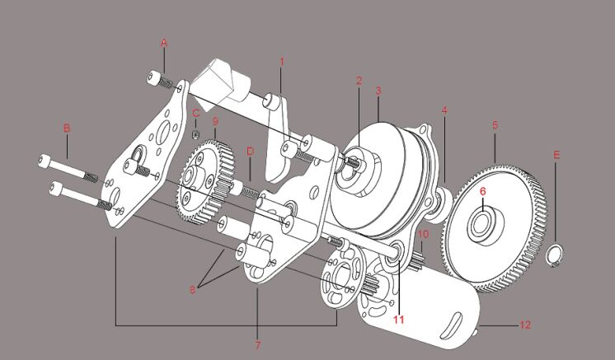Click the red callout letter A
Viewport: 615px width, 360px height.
click(163, 41)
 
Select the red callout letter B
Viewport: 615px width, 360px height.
click(67, 128)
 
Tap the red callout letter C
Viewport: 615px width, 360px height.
click(196, 114)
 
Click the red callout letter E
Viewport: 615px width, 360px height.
click(556, 155)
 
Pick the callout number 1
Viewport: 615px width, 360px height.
click(281, 61)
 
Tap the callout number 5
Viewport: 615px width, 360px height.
click(495, 125)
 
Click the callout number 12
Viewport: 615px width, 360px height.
click(525, 325)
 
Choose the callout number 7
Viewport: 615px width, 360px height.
click(257, 344)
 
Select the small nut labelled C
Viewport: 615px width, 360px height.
click(195, 133)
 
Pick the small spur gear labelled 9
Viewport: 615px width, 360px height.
click(204, 180)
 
